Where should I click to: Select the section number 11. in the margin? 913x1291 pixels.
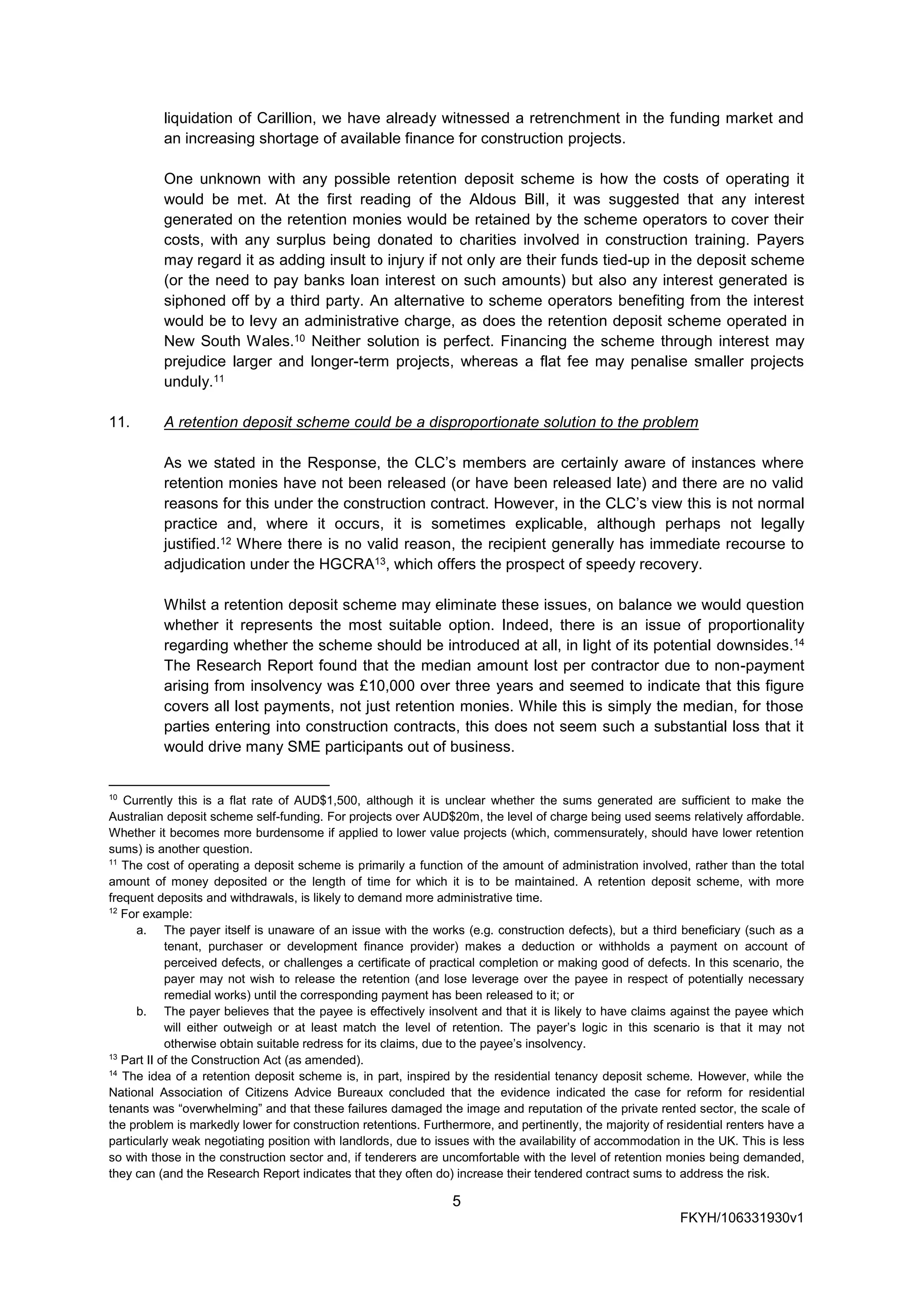coord(119,422)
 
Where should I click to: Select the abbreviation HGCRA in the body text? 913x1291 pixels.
coord(344,565)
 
